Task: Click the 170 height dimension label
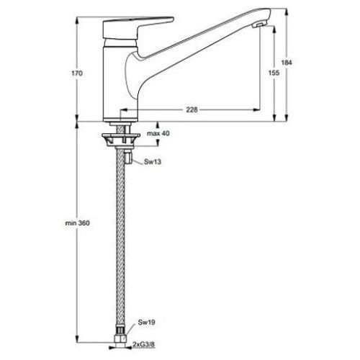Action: pos(77,73)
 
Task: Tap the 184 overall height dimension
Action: pos(287,63)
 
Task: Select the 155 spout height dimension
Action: pos(274,73)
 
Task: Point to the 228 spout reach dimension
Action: pos(192,109)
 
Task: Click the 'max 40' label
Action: pos(158,133)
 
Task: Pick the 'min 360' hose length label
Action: pos(78,223)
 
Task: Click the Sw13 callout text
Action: pos(153,162)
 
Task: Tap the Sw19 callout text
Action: pos(146,322)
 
